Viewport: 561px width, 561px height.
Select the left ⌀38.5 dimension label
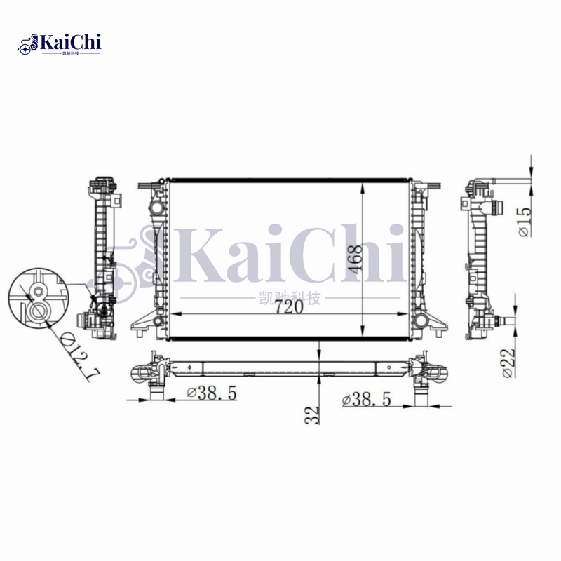pyautogui.click(x=211, y=394)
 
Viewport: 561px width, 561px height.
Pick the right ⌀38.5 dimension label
pyautogui.click(x=366, y=400)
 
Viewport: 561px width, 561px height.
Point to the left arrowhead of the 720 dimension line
pyautogui.click(x=177, y=315)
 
